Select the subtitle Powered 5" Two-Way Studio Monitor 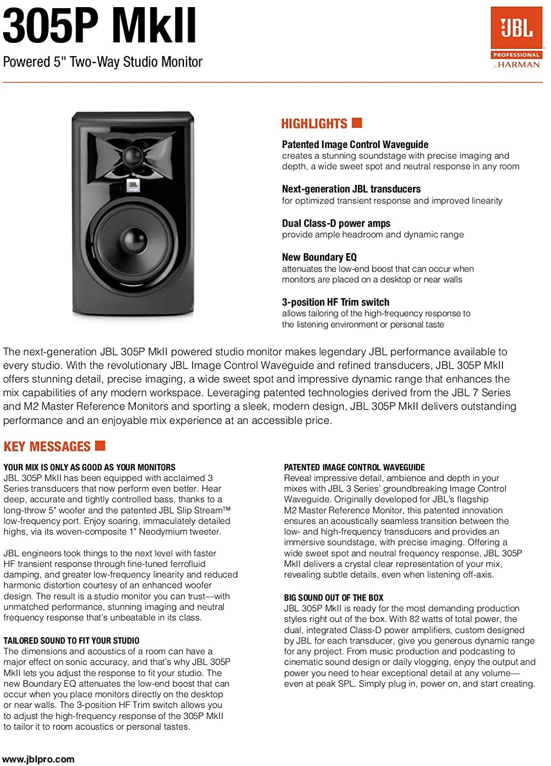tap(103, 62)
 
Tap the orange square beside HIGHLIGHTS tap(357, 123)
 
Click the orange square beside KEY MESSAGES tap(100, 445)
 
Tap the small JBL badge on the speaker tap(133, 184)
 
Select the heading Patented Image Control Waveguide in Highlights tap(355, 145)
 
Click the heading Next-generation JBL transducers tap(351, 189)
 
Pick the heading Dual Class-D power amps tap(336, 223)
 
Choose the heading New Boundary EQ tap(319, 257)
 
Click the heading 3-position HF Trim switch tap(335, 302)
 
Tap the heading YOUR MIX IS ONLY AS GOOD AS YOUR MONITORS tap(89, 467)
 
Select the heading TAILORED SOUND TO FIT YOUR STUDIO tap(72, 640)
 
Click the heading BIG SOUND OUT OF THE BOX tap(333, 597)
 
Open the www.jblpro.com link tap(38, 759)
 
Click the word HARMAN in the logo tap(519, 65)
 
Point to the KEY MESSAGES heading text tap(47, 447)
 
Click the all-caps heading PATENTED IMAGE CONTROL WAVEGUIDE tap(354, 467)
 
